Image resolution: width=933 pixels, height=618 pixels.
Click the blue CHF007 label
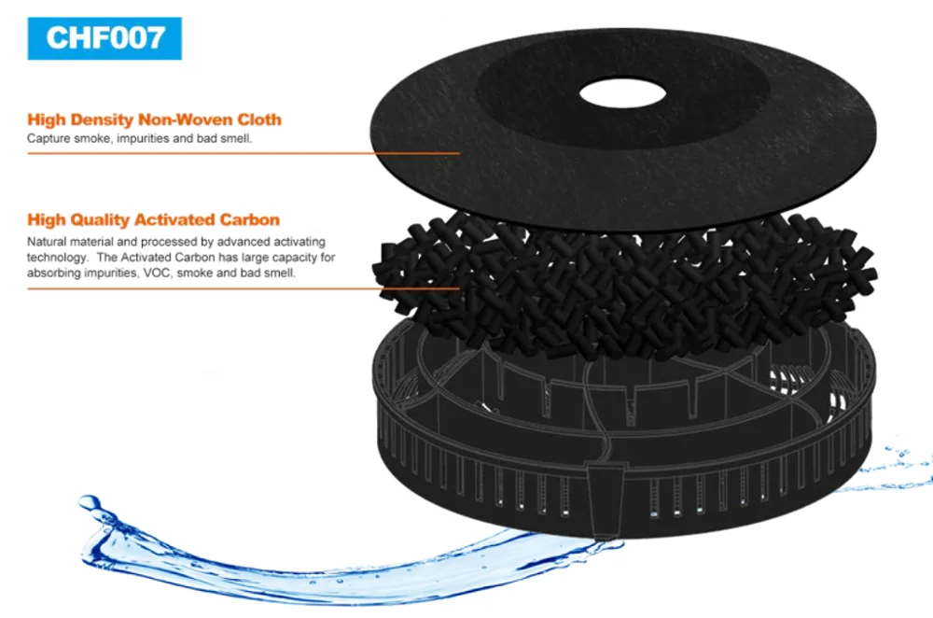104,37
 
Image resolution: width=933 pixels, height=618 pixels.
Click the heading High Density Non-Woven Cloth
154,119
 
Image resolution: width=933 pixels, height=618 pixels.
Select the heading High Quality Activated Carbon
153,220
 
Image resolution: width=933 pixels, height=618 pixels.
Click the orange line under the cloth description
243,153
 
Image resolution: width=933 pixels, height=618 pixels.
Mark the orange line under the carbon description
243,288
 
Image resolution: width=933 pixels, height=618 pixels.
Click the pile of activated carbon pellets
625,280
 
